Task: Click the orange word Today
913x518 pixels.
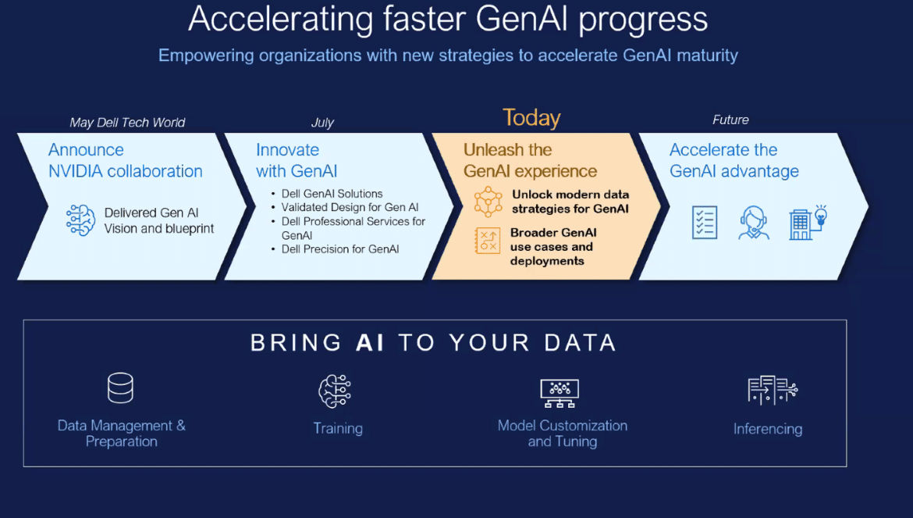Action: (531, 118)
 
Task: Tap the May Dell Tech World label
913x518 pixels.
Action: (127, 123)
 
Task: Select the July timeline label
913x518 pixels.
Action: (322, 123)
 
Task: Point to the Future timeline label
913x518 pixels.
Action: (730, 120)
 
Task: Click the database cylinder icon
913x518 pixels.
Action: (120, 388)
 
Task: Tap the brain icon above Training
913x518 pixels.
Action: (335, 391)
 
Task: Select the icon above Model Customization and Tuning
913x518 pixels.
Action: (560, 393)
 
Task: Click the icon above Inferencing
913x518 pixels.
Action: (773, 390)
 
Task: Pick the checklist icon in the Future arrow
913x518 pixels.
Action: (705, 222)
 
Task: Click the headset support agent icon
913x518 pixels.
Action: (754, 223)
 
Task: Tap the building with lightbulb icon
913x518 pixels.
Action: (808, 222)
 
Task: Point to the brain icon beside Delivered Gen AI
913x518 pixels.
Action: (80, 220)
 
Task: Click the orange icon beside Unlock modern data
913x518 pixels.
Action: (488, 202)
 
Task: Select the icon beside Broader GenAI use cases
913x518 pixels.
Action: (488, 241)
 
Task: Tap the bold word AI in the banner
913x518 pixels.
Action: (370, 343)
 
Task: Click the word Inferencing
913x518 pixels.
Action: (767, 430)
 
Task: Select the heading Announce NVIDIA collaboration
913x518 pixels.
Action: (125, 160)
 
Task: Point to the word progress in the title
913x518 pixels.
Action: (643, 20)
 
